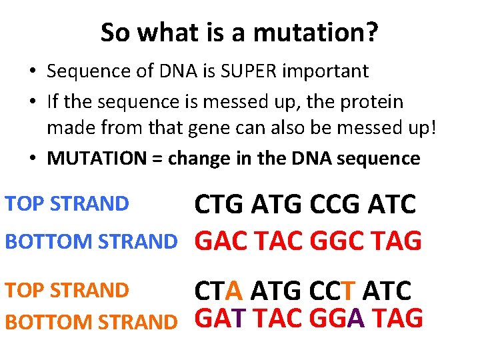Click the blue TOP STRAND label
coord(67,203)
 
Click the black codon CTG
coord(219,205)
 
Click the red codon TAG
coord(396,241)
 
